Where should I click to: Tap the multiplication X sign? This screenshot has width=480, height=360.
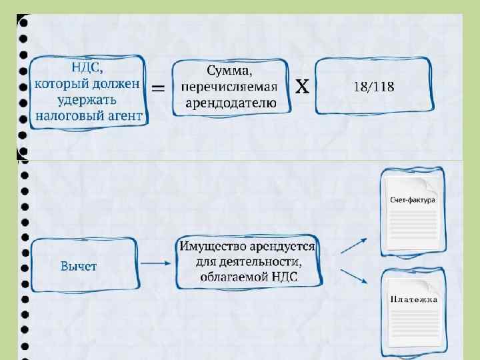[302, 86]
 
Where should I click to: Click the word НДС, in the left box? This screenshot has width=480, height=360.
[88, 67]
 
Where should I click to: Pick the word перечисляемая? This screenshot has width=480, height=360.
[229, 87]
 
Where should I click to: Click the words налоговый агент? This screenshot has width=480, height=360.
[89, 116]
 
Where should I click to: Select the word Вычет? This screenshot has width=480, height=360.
[79, 266]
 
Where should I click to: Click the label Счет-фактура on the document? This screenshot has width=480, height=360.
[413, 200]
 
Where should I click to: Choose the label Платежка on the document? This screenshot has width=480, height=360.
[414, 299]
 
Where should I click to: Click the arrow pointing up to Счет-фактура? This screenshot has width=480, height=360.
[354, 247]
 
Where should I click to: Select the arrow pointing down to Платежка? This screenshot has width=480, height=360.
[353, 275]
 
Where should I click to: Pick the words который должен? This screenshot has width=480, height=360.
[87, 84]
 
